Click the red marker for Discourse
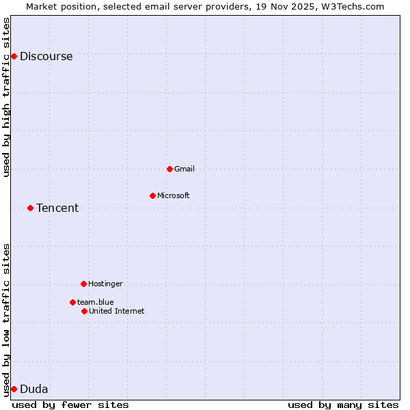tap(14, 56)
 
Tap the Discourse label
tap(46, 57)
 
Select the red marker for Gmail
tap(169, 169)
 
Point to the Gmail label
tap(184, 169)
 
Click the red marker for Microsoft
tap(152, 195)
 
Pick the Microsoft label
tap(173, 195)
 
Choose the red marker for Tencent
tap(30, 208)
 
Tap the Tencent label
tap(57, 208)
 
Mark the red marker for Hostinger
tap(83, 284)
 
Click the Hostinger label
tap(105, 284)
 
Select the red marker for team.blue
tap(72, 302)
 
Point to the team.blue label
tap(95, 302)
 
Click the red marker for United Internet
tap(84, 311)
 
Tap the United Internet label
tap(116, 311)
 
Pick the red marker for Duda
tap(14, 389)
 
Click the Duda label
tap(33, 389)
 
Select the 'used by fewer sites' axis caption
tap(70, 405)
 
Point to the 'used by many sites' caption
tap(343, 405)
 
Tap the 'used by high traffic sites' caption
tap(6, 97)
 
